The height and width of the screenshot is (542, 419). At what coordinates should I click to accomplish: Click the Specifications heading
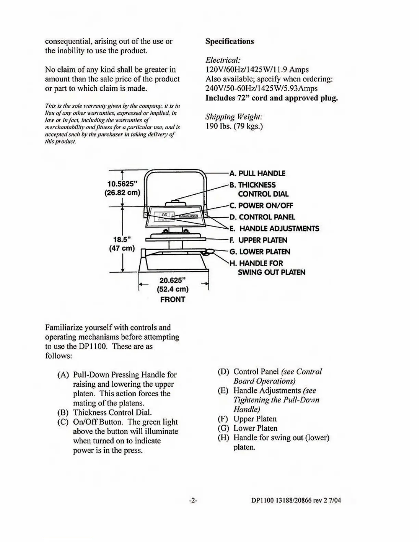tap(229, 41)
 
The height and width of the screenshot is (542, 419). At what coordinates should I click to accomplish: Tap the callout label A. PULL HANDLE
tap(257, 173)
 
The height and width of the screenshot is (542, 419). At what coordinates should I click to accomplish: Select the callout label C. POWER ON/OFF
tap(261, 206)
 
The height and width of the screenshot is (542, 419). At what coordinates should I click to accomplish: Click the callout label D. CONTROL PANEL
tap(262, 217)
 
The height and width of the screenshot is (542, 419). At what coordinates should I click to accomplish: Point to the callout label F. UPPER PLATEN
tap(258, 240)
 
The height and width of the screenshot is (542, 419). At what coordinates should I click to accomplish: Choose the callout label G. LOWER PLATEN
tap(260, 252)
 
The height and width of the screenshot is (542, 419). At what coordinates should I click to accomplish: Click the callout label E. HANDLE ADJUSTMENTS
tap(274, 229)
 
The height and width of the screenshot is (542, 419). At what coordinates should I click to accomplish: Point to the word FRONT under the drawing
tap(173, 300)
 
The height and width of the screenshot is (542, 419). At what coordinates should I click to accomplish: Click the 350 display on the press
tap(164, 215)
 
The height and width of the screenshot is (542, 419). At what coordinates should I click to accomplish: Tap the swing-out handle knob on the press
tap(208, 252)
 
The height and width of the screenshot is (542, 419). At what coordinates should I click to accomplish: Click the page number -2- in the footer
tap(193, 500)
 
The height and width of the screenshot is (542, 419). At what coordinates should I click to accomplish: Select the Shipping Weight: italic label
tap(234, 117)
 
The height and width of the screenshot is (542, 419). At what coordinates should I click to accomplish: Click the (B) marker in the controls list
tap(64, 413)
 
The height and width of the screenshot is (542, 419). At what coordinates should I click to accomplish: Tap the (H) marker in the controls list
tap(224, 438)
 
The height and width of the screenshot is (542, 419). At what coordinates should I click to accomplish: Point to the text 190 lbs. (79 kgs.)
tap(234, 126)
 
